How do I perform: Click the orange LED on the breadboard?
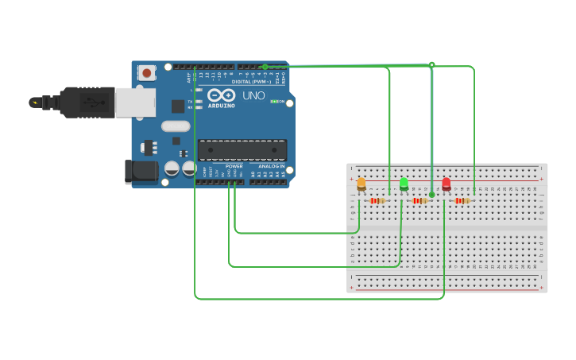click(361, 184)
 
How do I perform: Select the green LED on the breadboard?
click(404, 184)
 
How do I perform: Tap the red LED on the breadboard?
click(446, 184)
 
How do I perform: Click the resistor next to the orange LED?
click(377, 201)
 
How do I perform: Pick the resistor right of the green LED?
click(419, 201)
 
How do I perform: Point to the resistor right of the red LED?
click(462, 201)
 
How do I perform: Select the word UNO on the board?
click(253, 96)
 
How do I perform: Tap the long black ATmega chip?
click(242, 149)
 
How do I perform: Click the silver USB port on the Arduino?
click(135, 103)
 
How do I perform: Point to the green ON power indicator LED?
click(274, 102)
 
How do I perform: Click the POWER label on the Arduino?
click(234, 166)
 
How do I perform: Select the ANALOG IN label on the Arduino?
click(271, 166)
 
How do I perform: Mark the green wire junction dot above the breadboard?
click(431, 64)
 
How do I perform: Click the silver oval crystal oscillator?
click(176, 126)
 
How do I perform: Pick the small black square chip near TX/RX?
click(178, 106)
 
